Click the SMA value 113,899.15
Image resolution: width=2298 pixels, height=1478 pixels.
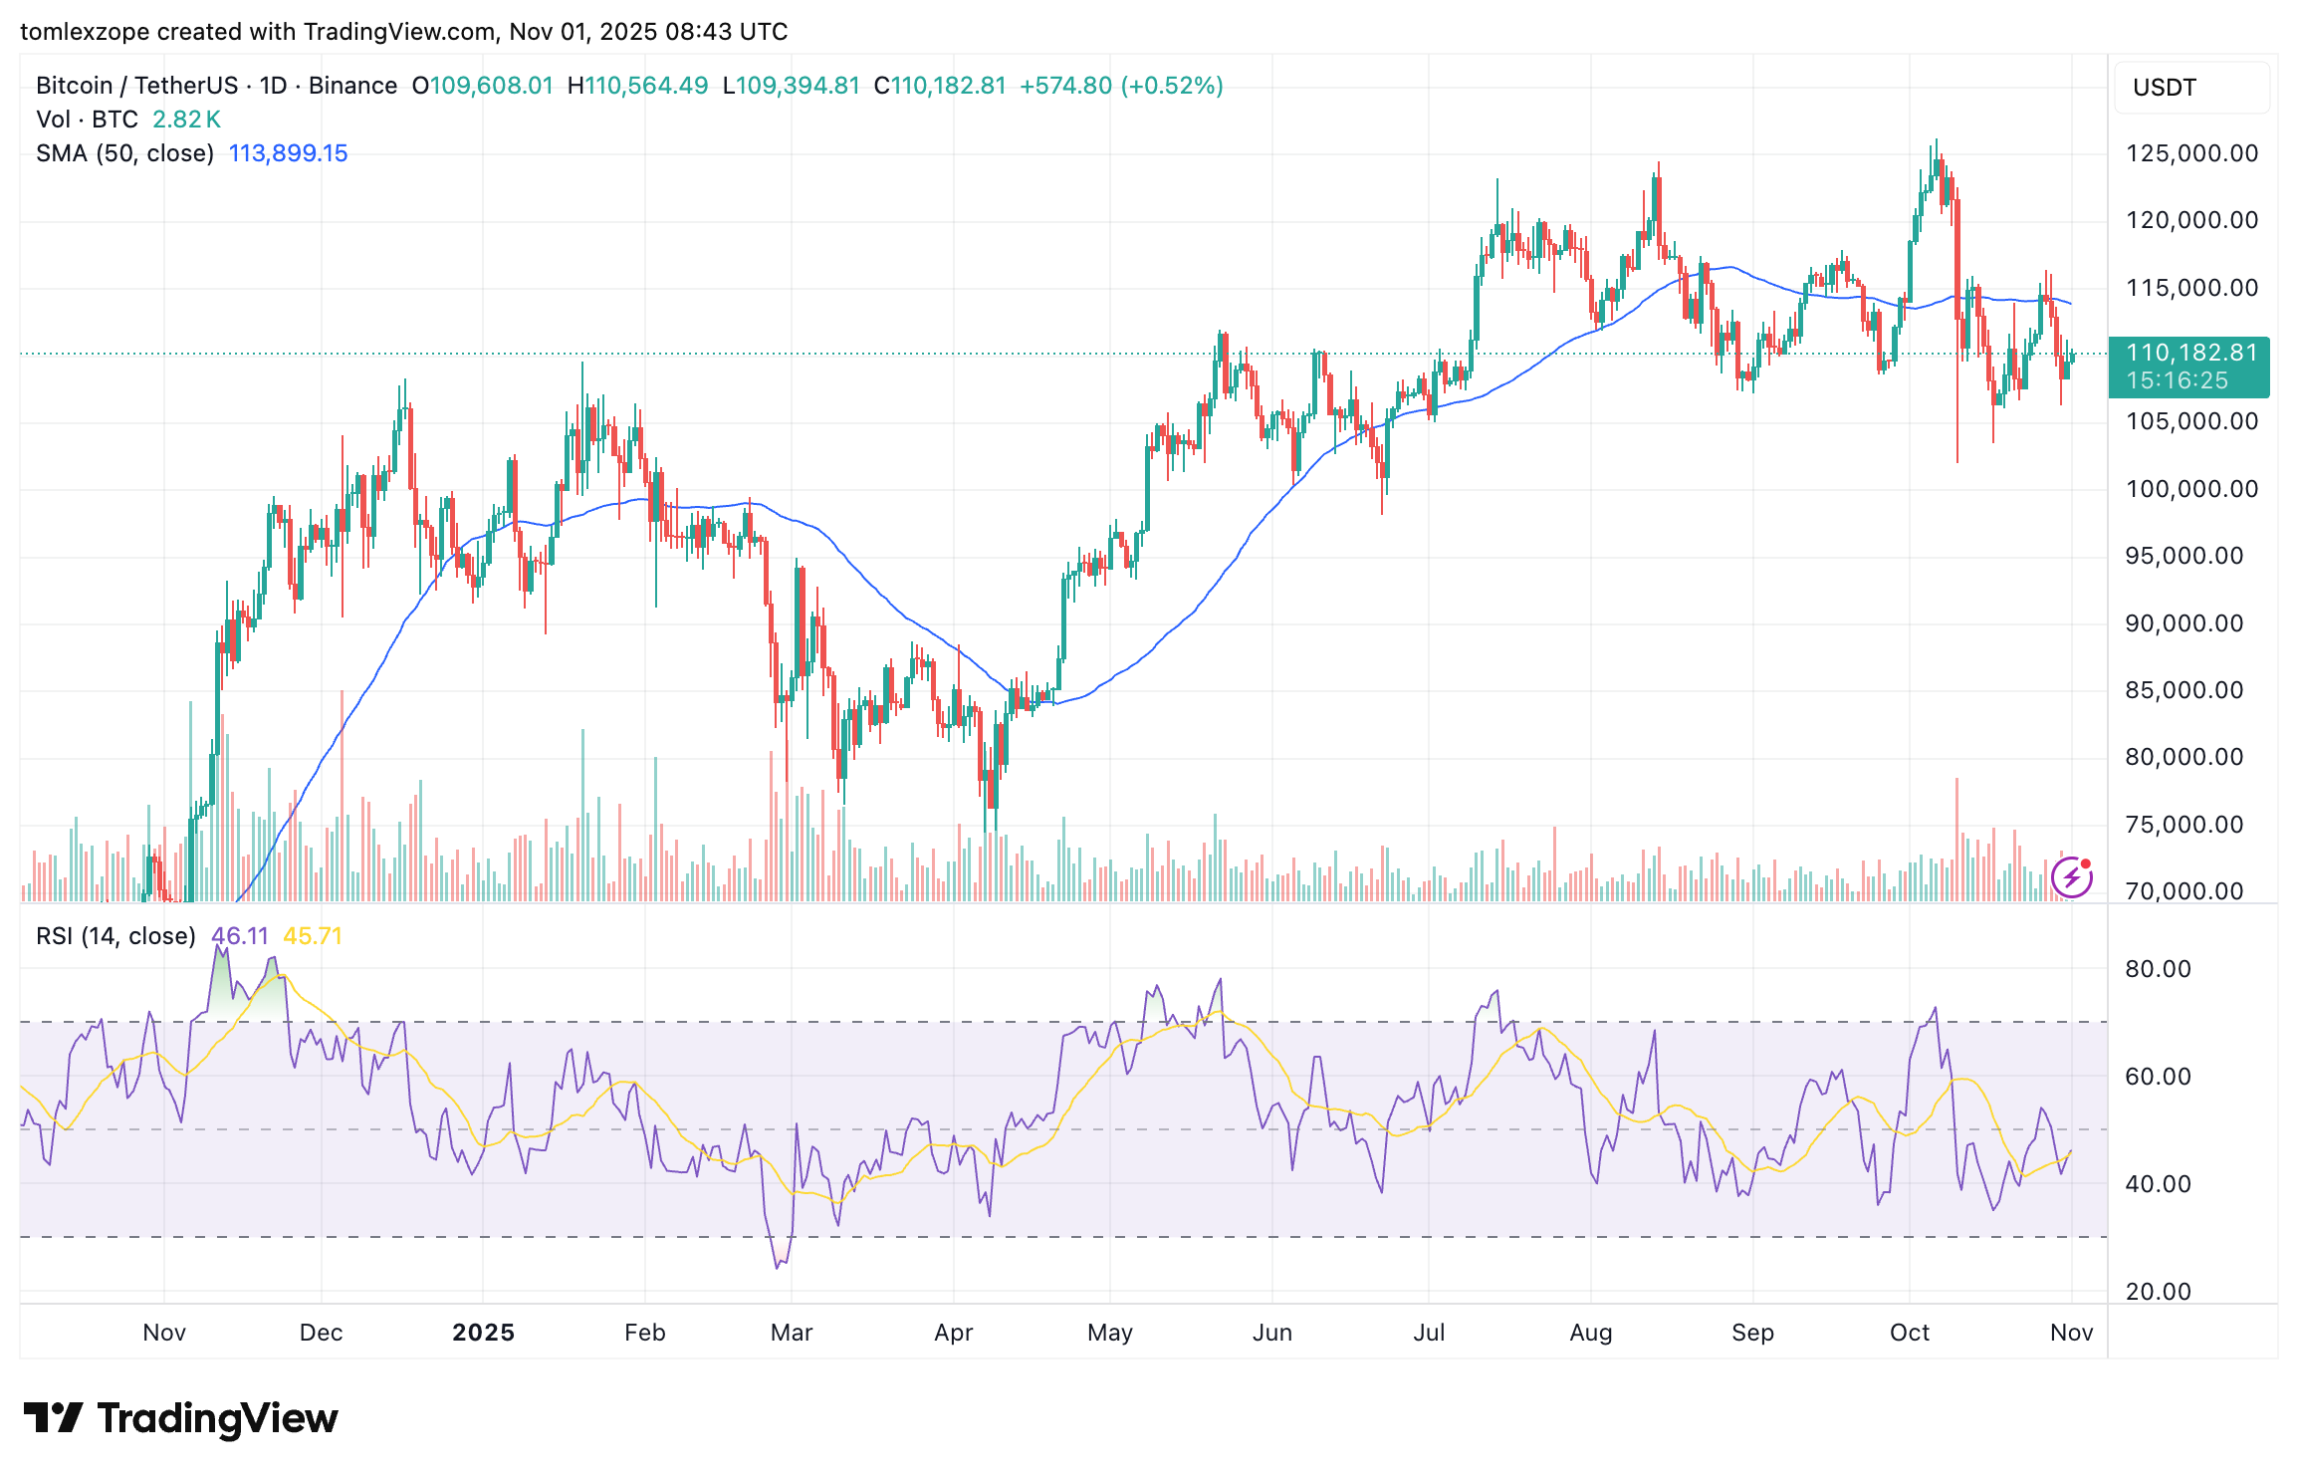coord(288,153)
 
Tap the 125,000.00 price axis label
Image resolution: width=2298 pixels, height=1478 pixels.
coord(2191,153)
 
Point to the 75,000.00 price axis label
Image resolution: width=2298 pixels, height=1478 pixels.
coord(2183,825)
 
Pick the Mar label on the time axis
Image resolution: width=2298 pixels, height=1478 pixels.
coord(792,1333)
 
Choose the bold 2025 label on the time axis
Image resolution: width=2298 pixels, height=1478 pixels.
coord(483,1333)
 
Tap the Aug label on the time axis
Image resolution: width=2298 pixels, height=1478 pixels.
coord(1590,1333)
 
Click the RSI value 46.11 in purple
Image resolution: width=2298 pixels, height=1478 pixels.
coord(240,936)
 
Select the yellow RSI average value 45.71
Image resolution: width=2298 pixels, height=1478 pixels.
coord(313,936)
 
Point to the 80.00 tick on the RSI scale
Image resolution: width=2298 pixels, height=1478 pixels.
coord(2158,969)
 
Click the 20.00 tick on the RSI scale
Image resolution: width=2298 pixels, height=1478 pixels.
coord(2158,1292)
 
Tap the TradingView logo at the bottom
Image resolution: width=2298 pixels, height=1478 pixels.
coord(181,1418)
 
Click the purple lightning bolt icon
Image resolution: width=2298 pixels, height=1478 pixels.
coord(2071,876)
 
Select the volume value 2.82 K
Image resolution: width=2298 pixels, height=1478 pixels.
coord(186,120)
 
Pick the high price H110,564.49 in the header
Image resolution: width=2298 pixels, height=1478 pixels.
coord(637,86)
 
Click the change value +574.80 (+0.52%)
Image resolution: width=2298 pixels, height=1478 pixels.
coord(1121,86)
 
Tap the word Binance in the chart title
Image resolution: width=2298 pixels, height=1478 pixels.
coord(352,86)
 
